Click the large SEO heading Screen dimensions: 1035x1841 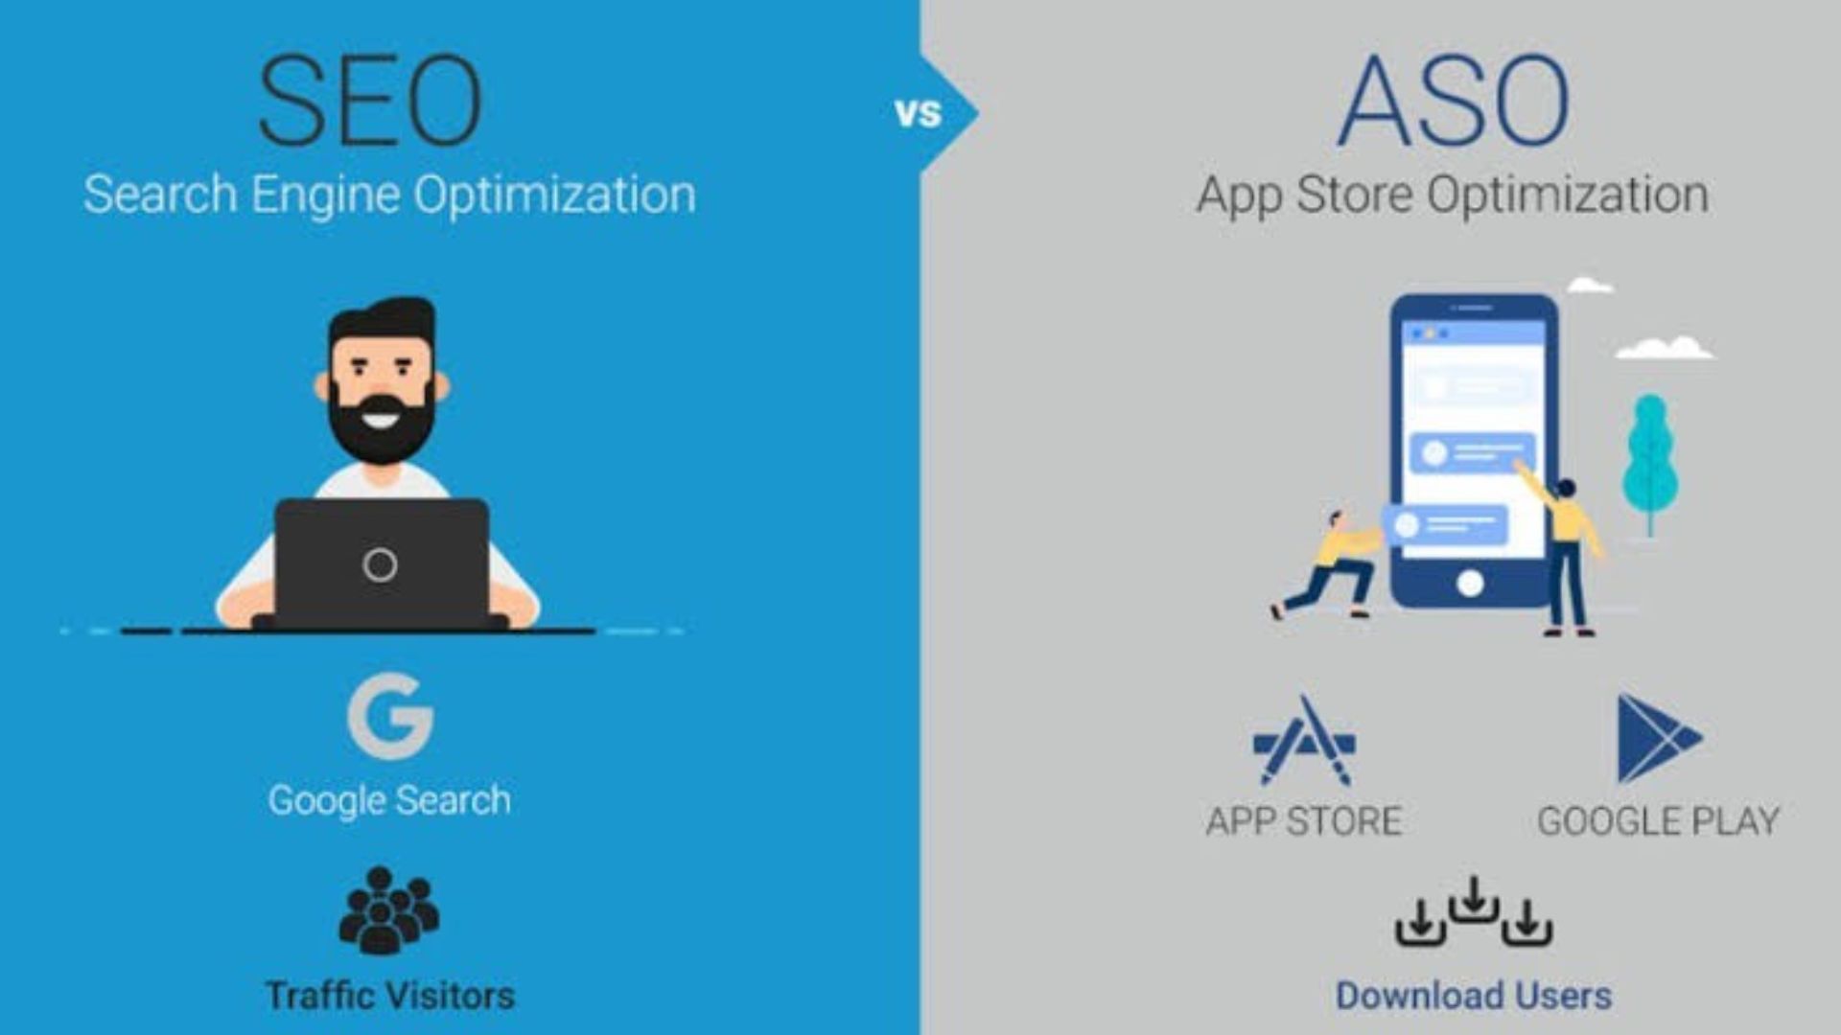[x=370, y=102]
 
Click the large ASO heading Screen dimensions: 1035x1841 [x=1453, y=102]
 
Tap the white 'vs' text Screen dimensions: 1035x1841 [x=918, y=114]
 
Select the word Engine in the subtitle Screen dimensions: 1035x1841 [x=325, y=195]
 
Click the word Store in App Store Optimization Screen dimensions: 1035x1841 [x=1354, y=195]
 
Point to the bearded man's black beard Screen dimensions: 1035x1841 [x=381, y=431]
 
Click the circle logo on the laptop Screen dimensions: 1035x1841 [x=380, y=565]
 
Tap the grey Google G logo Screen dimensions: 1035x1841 [x=390, y=716]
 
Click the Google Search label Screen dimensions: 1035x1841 [x=389, y=800]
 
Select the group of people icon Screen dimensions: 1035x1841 [x=388, y=910]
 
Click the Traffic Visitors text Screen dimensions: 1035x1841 [x=389, y=996]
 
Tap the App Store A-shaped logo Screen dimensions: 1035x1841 [x=1304, y=741]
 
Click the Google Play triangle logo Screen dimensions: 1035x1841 [x=1657, y=739]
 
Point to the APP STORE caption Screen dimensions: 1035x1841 [x=1303, y=821]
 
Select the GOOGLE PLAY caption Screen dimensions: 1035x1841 [x=1658, y=821]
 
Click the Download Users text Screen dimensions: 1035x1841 [x=1474, y=996]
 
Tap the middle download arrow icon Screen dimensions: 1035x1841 [x=1474, y=901]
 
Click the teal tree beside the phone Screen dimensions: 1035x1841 [x=1649, y=460]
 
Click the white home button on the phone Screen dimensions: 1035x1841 [x=1470, y=583]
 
